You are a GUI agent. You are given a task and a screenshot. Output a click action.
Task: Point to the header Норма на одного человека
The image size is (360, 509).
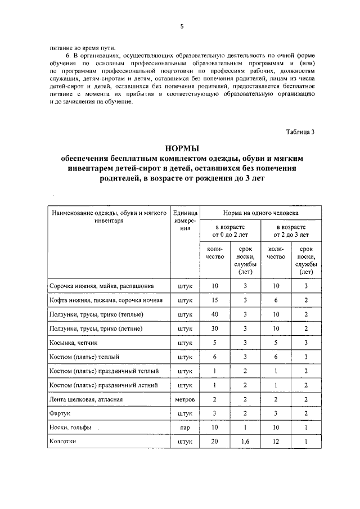[x=261, y=214]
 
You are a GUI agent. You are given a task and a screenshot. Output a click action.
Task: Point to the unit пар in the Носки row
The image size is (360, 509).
[x=185, y=428]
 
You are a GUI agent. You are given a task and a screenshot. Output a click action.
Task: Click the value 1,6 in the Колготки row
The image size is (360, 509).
[x=245, y=442]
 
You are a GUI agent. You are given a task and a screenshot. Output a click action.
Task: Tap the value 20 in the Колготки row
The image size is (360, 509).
[x=214, y=442]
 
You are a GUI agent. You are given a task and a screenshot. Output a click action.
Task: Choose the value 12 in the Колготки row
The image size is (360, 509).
[x=276, y=442]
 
